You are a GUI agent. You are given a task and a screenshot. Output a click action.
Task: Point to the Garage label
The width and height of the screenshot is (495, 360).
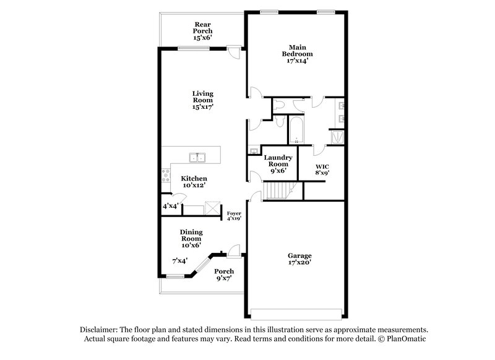pyautogui.click(x=299, y=255)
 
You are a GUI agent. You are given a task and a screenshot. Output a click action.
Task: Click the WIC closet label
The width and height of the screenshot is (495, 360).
pyautogui.click(x=322, y=169)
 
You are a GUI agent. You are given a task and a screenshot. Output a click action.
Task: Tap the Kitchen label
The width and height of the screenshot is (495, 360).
pyautogui.click(x=194, y=178)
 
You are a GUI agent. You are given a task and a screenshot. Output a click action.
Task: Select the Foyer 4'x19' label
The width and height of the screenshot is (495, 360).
pyautogui.click(x=234, y=215)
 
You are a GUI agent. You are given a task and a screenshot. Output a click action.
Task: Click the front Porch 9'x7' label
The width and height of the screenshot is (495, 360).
pyautogui.click(x=223, y=275)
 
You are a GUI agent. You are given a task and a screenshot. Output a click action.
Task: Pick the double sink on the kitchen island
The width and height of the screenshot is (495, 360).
pyautogui.click(x=197, y=158)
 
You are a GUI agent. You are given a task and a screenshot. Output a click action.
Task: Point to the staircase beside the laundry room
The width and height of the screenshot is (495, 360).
pyautogui.click(x=277, y=191)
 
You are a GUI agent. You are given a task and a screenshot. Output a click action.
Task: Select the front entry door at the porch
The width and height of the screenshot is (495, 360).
pyautogui.click(x=233, y=252)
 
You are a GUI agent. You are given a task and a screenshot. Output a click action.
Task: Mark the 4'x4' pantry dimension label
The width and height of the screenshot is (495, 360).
pyautogui.click(x=170, y=205)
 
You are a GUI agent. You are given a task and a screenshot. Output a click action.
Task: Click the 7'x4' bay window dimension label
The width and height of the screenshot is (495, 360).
pyautogui.click(x=179, y=260)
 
